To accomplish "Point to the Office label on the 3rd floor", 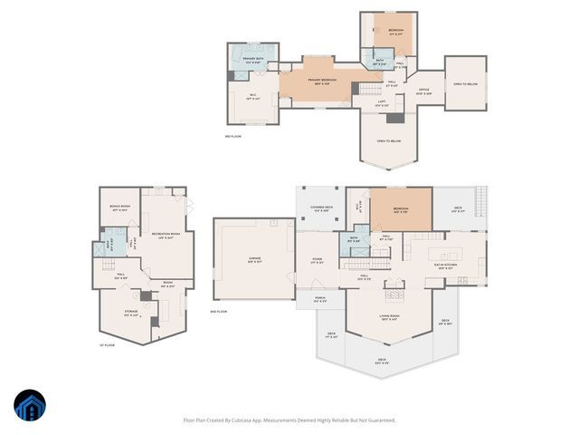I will point(423,92).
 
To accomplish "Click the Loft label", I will point(382,102).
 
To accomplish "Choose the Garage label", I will point(255,259).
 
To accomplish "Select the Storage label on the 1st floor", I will point(131,313).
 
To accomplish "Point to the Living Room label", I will point(389,318).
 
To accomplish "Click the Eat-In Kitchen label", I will point(447,266).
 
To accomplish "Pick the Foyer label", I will point(317,260).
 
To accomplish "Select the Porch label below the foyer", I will point(320,299).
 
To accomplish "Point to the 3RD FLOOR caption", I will point(233,136).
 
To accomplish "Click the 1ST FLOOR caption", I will point(107,345).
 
